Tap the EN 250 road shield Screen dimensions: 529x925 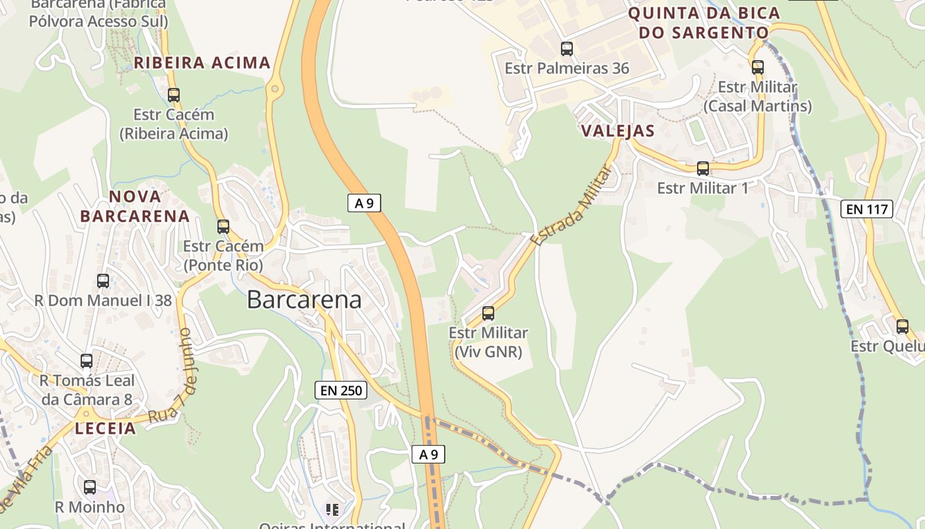[x=341, y=390]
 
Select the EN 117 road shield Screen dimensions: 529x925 [x=866, y=210]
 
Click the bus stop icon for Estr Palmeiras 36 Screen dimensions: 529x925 [x=567, y=48]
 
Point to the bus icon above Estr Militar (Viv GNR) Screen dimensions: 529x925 [x=488, y=313]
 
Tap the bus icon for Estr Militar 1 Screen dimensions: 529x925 [x=703, y=168]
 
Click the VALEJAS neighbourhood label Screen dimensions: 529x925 [x=618, y=131]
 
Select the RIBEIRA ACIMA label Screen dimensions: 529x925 [x=202, y=63]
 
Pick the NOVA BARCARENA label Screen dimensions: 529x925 [x=135, y=206]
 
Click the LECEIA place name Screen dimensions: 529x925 [x=105, y=428]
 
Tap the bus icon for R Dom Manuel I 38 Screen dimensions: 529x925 [x=103, y=280]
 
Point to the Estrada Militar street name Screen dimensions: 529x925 [x=572, y=204]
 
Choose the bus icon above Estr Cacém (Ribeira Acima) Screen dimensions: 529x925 [x=174, y=95]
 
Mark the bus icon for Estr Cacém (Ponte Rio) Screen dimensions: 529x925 [x=223, y=226]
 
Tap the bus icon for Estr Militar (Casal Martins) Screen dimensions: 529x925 [x=757, y=67]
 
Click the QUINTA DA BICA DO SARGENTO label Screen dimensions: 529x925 [x=704, y=22]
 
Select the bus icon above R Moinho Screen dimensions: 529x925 [x=90, y=487]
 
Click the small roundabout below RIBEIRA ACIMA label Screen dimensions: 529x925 [x=274, y=89]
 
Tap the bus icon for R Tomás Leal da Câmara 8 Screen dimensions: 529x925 [x=87, y=360]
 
